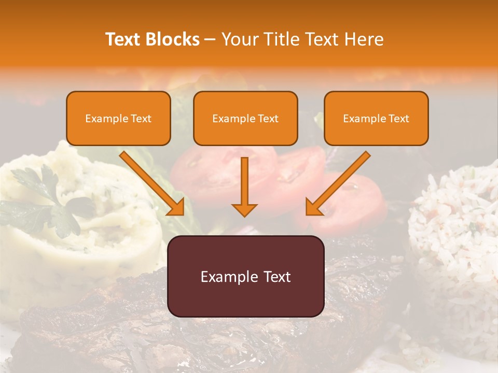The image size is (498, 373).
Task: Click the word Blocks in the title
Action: [x=172, y=39]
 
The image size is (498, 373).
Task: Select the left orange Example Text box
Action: [x=118, y=118]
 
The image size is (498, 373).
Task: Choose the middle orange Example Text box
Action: [x=245, y=118]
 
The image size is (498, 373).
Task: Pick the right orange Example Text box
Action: [x=376, y=118]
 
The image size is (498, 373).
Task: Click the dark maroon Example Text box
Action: [x=245, y=276]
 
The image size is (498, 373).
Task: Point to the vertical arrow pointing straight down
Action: [x=244, y=187]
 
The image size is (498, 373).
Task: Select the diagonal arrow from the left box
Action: [x=153, y=184]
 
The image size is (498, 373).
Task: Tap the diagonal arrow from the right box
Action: [x=337, y=184]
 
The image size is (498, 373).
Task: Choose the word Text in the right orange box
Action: [x=398, y=118]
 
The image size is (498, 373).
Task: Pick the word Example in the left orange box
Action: [x=104, y=118]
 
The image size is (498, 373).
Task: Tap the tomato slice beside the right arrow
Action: [x=358, y=199]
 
